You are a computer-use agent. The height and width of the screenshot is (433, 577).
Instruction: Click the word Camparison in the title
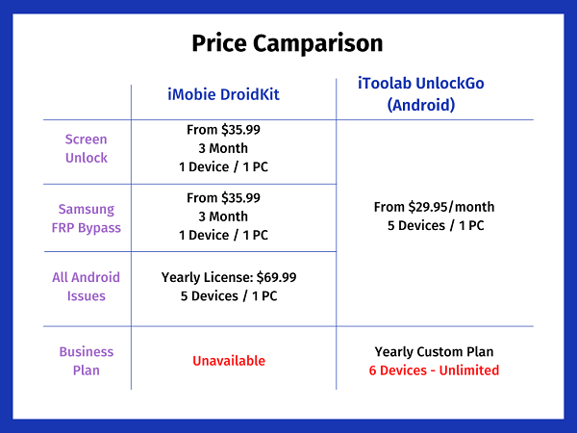coord(318,44)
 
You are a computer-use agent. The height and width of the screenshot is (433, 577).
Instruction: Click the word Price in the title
coord(219,42)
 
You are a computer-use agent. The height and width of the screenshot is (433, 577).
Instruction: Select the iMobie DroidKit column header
coord(223,94)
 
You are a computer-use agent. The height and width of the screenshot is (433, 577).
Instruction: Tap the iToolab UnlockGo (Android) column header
coord(421,94)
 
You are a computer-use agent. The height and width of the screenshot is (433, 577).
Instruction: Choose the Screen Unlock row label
coord(87,148)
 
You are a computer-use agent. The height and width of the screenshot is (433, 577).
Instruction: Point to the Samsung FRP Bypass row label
coord(87,218)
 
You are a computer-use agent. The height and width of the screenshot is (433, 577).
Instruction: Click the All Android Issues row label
coord(87,287)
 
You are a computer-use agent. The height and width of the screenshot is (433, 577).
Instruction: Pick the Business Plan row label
coord(87,361)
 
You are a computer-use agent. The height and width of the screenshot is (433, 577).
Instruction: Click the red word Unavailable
coord(229,361)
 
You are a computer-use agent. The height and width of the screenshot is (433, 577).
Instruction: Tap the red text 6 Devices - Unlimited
coord(435,370)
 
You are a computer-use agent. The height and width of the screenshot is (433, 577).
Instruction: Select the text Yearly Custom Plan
coord(435,351)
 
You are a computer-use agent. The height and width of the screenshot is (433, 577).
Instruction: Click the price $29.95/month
coord(452,207)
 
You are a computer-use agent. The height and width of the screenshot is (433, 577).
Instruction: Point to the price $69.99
coord(276,277)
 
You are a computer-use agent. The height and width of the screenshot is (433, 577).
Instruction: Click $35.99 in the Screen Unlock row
coord(240,130)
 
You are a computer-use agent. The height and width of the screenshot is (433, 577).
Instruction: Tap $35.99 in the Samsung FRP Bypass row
coord(240,197)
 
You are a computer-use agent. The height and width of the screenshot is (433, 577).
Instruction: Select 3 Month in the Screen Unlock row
coord(223,148)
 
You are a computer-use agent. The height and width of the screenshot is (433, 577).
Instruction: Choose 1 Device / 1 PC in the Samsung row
coord(224,235)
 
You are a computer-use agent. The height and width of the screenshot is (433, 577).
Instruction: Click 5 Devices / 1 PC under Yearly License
coord(229,296)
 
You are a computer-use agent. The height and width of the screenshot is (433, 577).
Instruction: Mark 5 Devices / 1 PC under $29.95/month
coord(436,225)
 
